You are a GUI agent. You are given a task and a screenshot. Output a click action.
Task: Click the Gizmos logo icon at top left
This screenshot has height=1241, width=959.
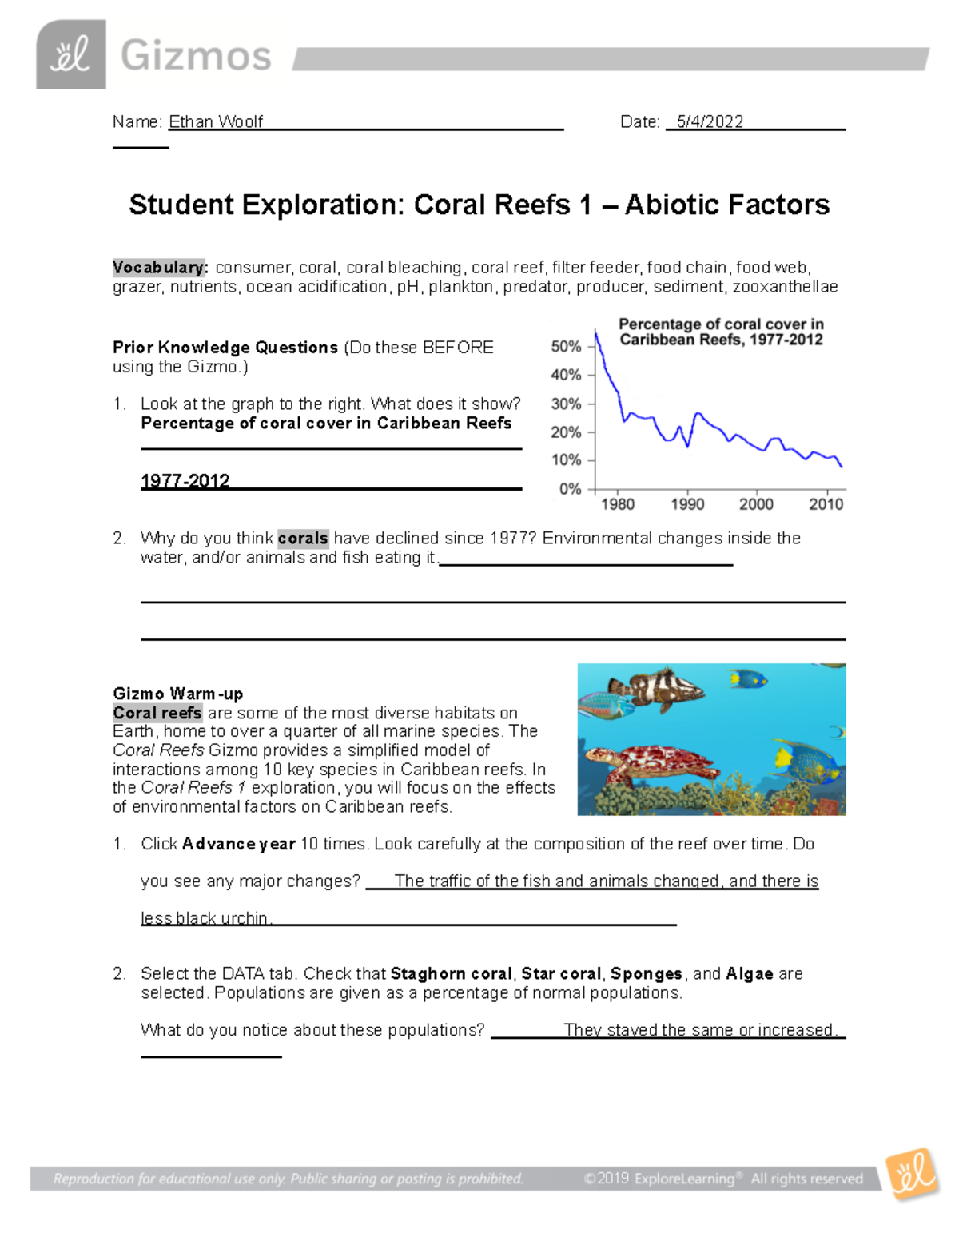(x=70, y=54)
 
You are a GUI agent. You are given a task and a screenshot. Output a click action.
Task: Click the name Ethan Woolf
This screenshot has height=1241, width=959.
(x=215, y=121)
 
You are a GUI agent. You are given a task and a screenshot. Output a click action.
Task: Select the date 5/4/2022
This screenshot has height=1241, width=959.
(x=709, y=121)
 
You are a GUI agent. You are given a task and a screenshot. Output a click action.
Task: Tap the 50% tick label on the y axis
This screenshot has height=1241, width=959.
(x=566, y=347)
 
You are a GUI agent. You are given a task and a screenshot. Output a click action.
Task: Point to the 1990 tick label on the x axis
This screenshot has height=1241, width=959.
(x=687, y=504)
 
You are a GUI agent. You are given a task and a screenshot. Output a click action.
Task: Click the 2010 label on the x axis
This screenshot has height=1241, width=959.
(x=826, y=504)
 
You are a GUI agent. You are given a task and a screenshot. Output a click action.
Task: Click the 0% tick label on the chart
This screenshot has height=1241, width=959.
(x=570, y=488)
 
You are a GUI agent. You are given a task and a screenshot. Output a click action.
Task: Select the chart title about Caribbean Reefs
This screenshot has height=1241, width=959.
(x=721, y=332)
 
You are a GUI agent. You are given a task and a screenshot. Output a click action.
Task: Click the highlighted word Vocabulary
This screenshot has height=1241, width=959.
(x=160, y=268)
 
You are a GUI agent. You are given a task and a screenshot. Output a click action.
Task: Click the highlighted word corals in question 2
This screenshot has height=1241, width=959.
(x=303, y=539)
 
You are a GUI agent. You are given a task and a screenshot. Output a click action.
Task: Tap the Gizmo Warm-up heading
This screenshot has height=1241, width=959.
(x=177, y=694)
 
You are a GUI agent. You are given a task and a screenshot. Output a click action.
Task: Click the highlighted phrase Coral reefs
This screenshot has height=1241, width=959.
(x=157, y=713)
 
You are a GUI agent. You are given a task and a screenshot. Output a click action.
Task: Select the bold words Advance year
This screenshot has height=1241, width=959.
(x=238, y=844)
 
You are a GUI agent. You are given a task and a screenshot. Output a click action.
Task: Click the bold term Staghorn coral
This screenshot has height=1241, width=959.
(x=451, y=973)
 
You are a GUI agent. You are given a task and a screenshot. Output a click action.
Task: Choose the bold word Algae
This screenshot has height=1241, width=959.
(x=749, y=973)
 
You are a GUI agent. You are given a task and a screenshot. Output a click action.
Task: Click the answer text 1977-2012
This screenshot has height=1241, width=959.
(x=185, y=481)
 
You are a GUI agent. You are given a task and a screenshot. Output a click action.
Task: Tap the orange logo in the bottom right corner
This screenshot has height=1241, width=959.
(x=913, y=1173)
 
